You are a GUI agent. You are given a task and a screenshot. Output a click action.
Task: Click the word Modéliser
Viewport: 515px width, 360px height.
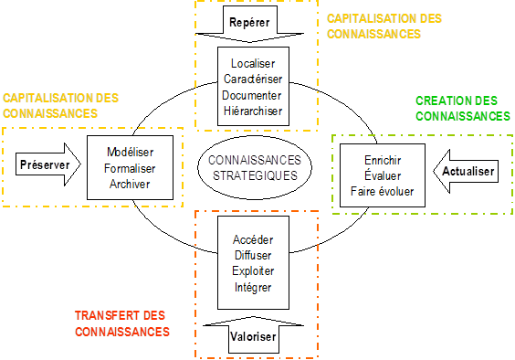pos(131,152)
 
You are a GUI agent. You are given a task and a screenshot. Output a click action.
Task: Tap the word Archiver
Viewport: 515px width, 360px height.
pos(131,185)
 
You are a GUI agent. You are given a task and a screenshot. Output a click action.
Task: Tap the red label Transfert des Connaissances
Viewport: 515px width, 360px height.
pos(122,323)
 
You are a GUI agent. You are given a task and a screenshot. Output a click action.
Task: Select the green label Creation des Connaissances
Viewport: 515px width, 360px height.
pos(463,108)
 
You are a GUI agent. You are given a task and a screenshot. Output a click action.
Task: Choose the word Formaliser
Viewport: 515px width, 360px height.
pos(131,168)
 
